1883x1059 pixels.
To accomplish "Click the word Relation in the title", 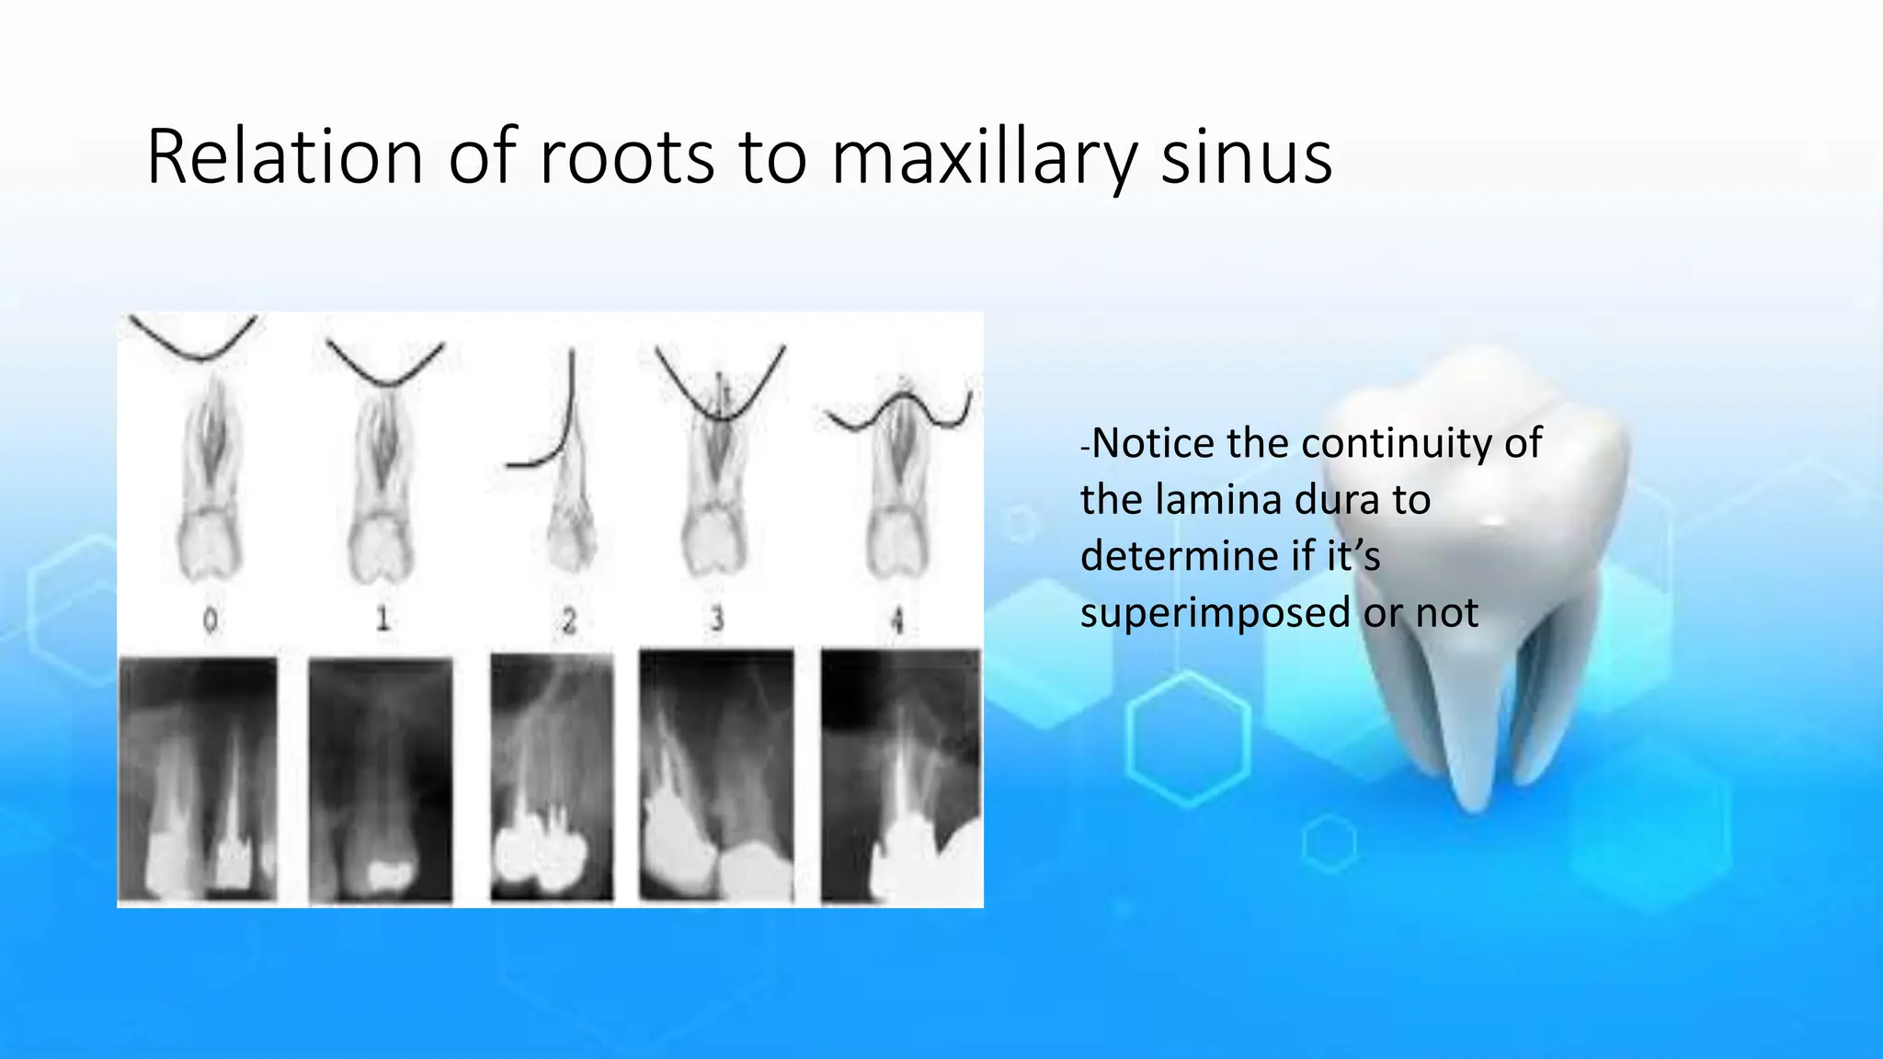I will tap(284, 157).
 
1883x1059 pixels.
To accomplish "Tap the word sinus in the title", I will tap(1246, 157).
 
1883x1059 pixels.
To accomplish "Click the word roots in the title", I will tap(626, 157).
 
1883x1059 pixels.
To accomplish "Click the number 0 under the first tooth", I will tap(211, 621).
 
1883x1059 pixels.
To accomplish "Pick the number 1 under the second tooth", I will tap(382, 619).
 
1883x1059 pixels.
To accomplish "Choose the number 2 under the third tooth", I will tap(568, 621).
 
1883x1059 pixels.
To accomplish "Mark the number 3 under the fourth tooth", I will tap(717, 620).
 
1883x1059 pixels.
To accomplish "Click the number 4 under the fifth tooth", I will tap(898, 621).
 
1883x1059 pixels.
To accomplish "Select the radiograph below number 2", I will tap(551, 778).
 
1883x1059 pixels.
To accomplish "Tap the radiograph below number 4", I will tap(901, 778).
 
